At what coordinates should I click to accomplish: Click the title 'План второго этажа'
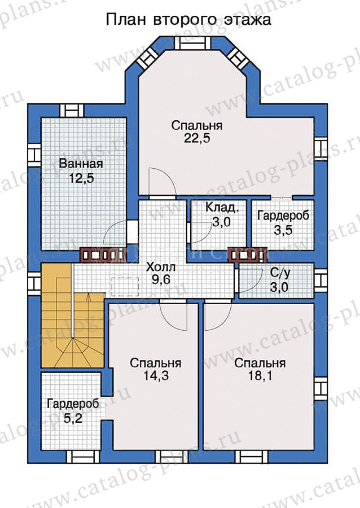pyautogui.click(x=188, y=20)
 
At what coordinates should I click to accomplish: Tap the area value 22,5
pyautogui.click(x=197, y=138)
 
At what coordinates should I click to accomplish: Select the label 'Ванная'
pyautogui.click(x=81, y=163)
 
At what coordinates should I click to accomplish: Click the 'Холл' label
pyautogui.click(x=161, y=268)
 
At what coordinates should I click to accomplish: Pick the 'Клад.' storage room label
pyautogui.click(x=222, y=207)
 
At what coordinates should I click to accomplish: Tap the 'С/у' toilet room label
pyautogui.click(x=280, y=273)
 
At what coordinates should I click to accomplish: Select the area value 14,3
pyautogui.click(x=156, y=376)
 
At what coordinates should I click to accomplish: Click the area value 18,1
pyautogui.click(x=260, y=376)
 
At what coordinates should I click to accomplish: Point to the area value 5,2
pyautogui.click(x=73, y=418)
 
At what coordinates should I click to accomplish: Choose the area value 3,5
pyautogui.click(x=283, y=230)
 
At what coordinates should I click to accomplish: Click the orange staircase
pyautogui.click(x=72, y=316)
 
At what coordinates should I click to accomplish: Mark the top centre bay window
pyautogui.click(x=192, y=43)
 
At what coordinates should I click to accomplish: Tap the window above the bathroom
pyautogui.click(x=72, y=111)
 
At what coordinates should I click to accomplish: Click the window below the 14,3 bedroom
pyautogui.click(x=172, y=457)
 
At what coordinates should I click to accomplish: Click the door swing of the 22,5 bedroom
pyautogui.click(x=163, y=183)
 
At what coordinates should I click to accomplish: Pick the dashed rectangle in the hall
pyautogui.click(x=125, y=287)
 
